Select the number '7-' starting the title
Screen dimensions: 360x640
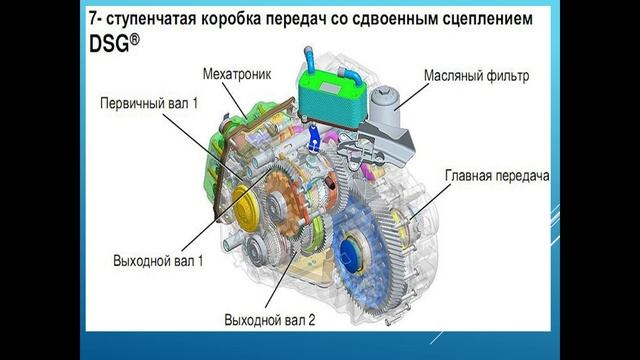(92, 18)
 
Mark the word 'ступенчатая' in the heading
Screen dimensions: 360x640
(158, 18)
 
